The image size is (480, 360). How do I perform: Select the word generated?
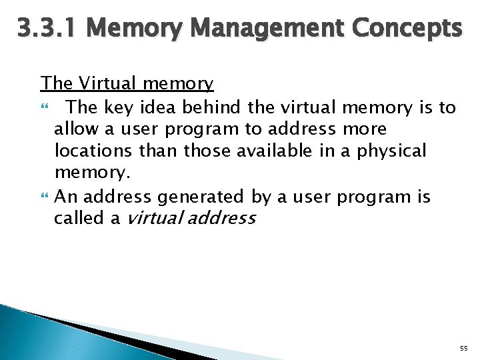(201, 197)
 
